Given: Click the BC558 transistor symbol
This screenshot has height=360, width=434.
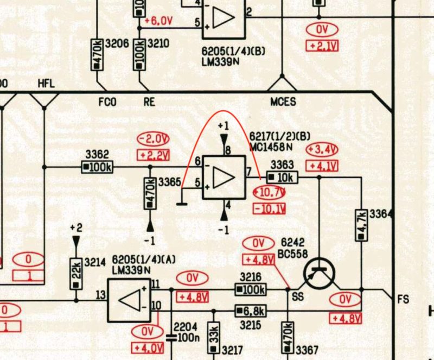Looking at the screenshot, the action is pyautogui.click(x=319, y=274).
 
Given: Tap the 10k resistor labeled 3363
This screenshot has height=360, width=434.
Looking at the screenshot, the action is pyautogui.click(x=282, y=178).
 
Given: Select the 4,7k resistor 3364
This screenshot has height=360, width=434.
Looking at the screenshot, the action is pyautogui.click(x=361, y=225).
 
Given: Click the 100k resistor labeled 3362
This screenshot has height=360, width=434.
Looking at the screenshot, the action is pyautogui.click(x=97, y=167).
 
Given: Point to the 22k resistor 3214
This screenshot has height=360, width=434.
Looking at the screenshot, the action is pyautogui.click(x=76, y=274).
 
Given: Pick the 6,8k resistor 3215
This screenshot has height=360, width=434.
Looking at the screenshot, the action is pyautogui.click(x=251, y=311).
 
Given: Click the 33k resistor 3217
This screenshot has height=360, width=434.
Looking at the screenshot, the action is pyautogui.click(x=214, y=338).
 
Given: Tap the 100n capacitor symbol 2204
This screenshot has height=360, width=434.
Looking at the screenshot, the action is pyautogui.click(x=171, y=338).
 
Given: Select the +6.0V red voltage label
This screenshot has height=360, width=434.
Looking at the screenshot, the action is pyautogui.click(x=158, y=21).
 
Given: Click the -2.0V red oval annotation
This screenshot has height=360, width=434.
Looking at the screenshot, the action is pyautogui.click(x=153, y=139).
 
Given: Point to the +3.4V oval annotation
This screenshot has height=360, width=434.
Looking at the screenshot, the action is pyautogui.click(x=322, y=150).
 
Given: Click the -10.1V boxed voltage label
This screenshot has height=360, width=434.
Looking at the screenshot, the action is pyautogui.click(x=269, y=209).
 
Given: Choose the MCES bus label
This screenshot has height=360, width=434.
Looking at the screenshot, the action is pyautogui.click(x=283, y=102).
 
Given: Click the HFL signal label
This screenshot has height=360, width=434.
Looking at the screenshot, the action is pyautogui.click(x=46, y=84).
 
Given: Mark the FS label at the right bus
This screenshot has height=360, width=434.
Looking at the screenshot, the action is pyautogui.click(x=403, y=300).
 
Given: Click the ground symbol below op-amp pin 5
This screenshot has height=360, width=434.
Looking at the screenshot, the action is pyautogui.click(x=182, y=204).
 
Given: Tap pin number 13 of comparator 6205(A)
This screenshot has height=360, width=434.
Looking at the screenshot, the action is pyautogui.click(x=101, y=295).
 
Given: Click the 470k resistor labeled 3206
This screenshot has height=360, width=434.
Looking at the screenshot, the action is pyautogui.click(x=97, y=55).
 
